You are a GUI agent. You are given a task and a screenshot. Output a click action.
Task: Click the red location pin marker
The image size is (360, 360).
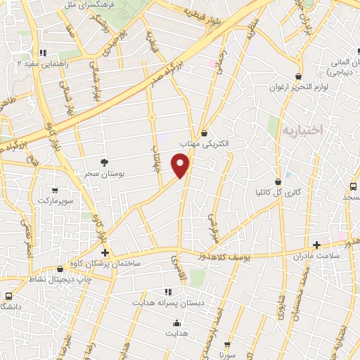(x=181, y=165)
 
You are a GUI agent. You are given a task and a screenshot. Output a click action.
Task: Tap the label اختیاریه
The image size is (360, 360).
(x=302, y=130)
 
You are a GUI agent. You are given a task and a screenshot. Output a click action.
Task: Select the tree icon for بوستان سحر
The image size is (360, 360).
(x=105, y=162)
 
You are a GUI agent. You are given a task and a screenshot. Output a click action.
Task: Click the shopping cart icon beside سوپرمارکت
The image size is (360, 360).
(x=56, y=190)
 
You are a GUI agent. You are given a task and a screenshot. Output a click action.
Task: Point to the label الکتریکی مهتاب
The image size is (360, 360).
(x=205, y=143)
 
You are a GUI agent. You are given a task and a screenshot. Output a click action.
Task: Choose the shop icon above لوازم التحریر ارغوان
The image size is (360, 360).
(x=299, y=76)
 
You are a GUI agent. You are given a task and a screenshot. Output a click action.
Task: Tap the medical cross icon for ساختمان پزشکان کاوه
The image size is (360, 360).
(x=105, y=252)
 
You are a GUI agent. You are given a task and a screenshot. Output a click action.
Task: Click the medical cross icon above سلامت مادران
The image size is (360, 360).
(x=316, y=245)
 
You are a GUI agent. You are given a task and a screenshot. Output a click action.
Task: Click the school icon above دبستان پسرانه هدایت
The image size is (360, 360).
(x=167, y=291)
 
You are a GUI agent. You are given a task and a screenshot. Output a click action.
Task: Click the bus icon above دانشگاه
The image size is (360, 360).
(x=8, y=296)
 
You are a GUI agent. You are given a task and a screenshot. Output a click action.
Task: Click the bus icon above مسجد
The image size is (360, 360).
(x=353, y=186)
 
